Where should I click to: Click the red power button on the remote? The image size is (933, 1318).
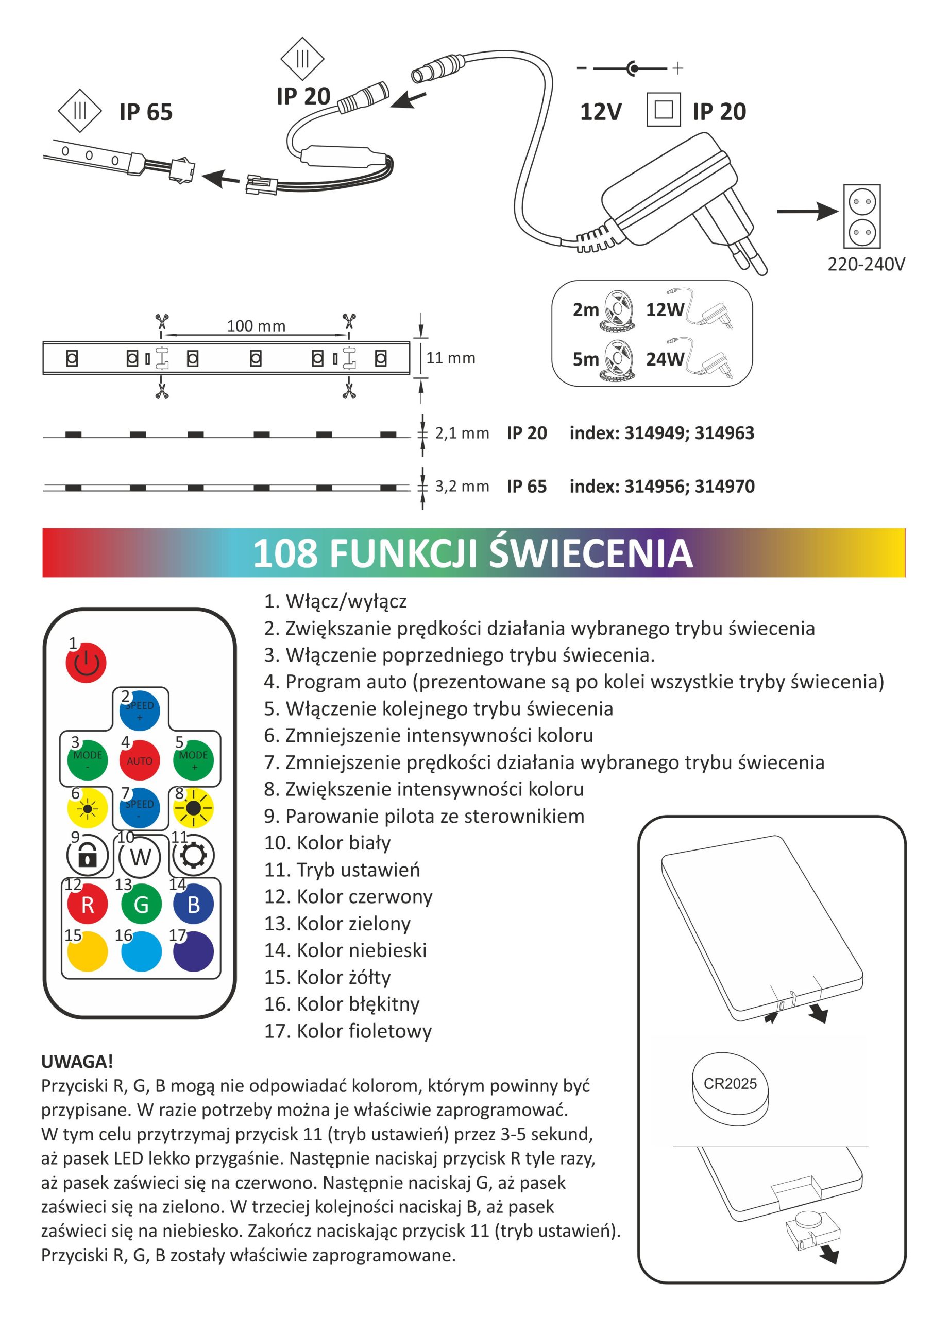86,663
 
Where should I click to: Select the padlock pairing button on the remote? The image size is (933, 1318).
88,855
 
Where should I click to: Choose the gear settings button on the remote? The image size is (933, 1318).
193,855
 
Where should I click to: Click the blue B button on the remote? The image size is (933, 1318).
194,905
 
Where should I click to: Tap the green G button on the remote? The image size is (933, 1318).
141,905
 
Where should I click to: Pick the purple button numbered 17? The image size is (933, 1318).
194,952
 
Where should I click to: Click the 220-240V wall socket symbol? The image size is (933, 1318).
862,216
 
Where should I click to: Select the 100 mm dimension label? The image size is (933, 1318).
256,326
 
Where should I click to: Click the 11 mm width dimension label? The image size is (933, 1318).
450,358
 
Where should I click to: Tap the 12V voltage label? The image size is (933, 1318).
600,112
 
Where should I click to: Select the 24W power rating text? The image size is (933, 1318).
665,359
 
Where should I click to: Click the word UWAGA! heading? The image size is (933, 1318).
77,1062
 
